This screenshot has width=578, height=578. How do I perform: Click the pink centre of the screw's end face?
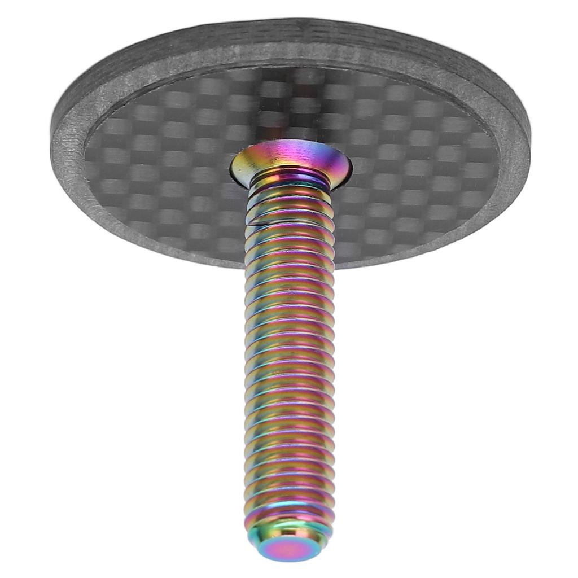pyautogui.click(x=288, y=547)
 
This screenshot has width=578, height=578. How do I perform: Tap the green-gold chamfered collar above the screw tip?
pyautogui.click(x=288, y=528)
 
